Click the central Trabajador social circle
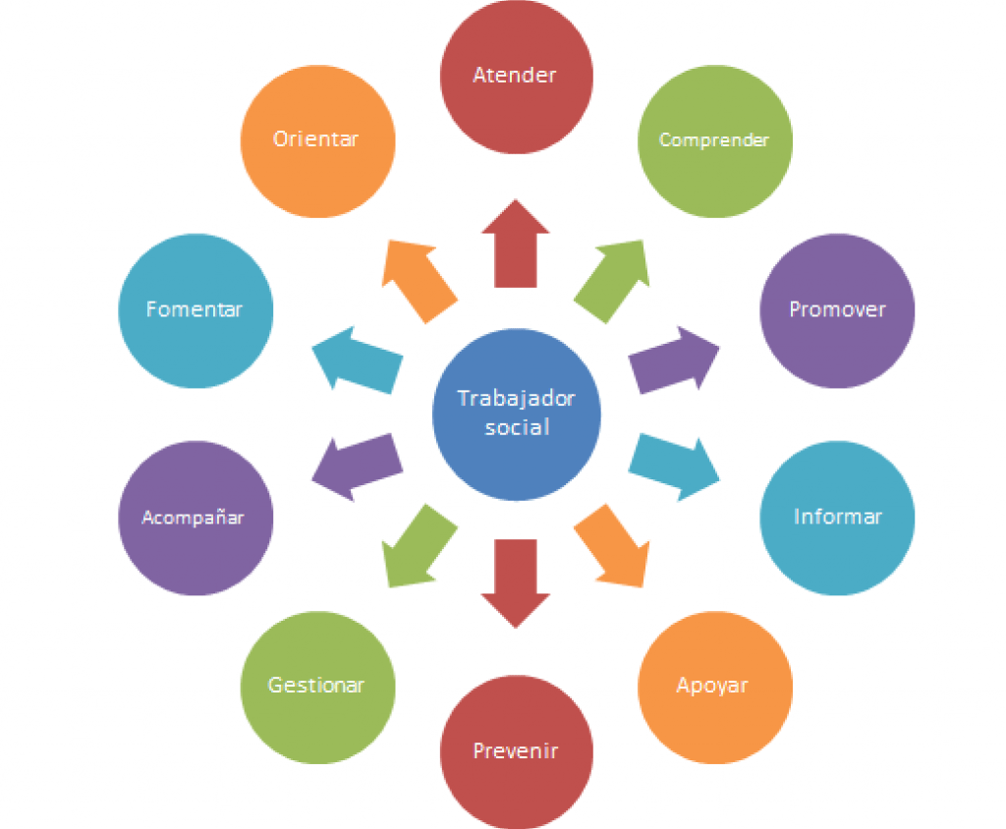click(517, 414)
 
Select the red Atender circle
click(517, 77)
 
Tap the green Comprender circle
click(715, 141)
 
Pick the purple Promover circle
click(837, 310)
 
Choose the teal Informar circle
click(837, 518)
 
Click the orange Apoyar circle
click(715, 688)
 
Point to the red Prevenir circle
click(517, 752)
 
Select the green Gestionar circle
click(317, 688)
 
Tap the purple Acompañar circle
click(196, 518)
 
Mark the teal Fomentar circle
click(196, 310)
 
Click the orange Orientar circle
click(317, 141)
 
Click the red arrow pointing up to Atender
click(516, 244)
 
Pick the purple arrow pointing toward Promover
click(674, 359)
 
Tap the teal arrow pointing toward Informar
click(674, 467)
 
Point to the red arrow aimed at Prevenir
click(516, 583)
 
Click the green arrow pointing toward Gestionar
click(419, 545)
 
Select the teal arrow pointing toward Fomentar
click(358, 359)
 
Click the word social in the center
click(517, 427)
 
